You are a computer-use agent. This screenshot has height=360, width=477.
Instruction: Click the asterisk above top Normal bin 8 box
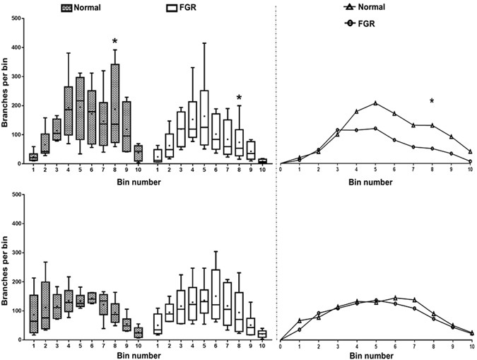(x=114, y=42)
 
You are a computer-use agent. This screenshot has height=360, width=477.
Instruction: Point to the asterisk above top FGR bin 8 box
(x=240, y=98)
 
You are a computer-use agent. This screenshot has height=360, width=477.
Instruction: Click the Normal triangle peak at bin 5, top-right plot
(x=375, y=103)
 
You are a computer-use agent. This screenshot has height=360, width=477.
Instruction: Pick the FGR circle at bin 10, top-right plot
(x=471, y=161)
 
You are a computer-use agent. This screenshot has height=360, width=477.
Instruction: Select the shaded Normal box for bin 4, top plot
(x=69, y=110)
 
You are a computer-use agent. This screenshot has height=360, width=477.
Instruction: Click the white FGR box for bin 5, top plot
(x=205, y=117)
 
